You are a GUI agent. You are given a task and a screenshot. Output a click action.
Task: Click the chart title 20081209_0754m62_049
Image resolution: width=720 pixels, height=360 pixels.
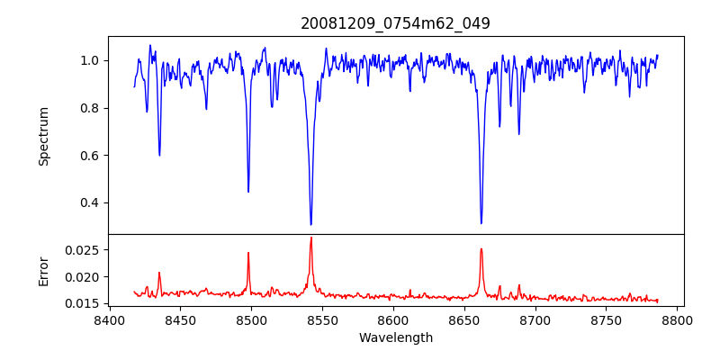pos(395,23)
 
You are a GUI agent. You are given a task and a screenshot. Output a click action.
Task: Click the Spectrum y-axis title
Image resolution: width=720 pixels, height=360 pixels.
pos(43,136)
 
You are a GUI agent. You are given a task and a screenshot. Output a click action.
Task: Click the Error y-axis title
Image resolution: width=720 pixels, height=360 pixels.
pos(43,270)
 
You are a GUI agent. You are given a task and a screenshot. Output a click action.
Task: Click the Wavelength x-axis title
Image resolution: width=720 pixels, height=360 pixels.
pos(395,338)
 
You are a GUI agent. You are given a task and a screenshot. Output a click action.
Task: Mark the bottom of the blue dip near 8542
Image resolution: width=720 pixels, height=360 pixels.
pos(310,224)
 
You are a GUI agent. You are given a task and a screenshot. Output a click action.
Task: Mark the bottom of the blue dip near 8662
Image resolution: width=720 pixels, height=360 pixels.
pos(481,222)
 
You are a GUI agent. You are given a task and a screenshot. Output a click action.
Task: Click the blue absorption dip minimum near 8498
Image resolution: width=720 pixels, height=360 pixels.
pos(248,191)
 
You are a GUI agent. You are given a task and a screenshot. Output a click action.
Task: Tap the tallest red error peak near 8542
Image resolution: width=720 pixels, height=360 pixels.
pos(310,238)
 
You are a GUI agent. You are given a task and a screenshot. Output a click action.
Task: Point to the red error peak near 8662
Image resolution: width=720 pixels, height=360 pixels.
pos(481,249)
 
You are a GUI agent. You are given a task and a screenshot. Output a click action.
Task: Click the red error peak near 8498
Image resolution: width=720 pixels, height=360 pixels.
pos(248,253)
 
